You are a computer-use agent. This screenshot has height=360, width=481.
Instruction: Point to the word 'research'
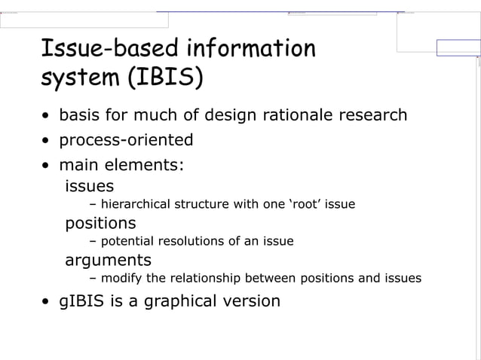point(373,116)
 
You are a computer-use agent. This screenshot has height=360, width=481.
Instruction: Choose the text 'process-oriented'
point(126,141)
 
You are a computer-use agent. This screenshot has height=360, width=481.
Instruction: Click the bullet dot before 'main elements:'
point(47,166)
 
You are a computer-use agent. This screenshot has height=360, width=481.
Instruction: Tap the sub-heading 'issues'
point(90,185)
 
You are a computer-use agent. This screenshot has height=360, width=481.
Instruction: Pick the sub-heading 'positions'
point(100,223)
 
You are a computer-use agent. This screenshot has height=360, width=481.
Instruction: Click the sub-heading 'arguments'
point(108,261)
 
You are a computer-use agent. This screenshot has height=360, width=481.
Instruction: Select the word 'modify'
point(123,279)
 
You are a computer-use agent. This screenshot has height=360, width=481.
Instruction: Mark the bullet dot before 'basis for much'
point(47,117)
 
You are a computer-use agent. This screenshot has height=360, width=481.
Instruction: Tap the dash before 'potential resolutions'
point(93,242)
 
